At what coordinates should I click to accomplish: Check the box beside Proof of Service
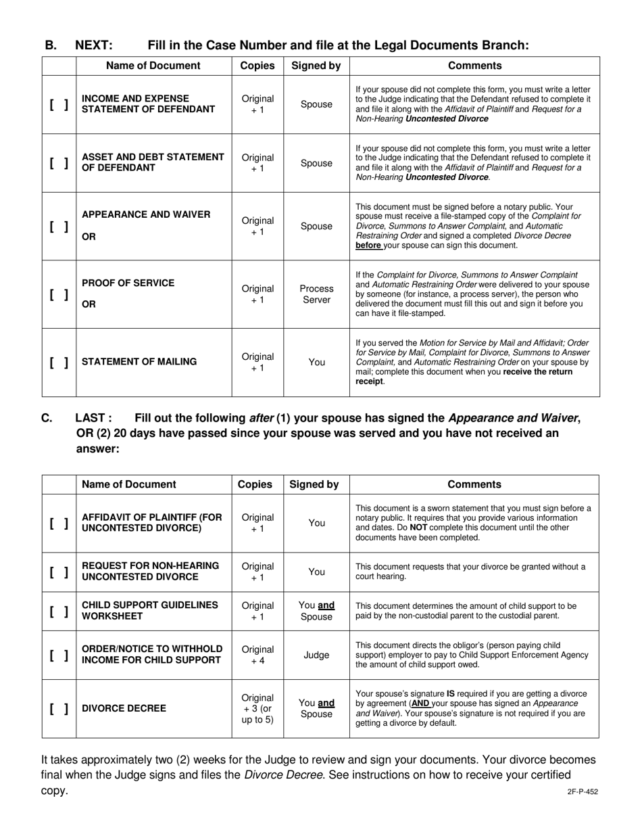[x=59, y=295]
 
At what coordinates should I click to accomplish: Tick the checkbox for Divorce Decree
[x=59, y=709]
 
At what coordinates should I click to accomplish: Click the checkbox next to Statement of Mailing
[x=59, y=363]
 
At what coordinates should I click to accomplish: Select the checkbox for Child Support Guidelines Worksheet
[x=59, y=611]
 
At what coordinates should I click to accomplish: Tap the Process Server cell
[x=316, y=294]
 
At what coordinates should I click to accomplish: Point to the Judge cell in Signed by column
[x=316, y=655]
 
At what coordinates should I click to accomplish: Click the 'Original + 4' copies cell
[x=257, y=655]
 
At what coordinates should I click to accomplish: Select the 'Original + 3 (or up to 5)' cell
[x=257, y=709]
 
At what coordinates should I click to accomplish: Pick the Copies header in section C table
[x=257, y=484]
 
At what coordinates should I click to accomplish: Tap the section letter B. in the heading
[x=51, y=45]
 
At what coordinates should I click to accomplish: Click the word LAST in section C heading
[x=93, y=418]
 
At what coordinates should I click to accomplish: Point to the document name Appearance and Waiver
[x=146, y=214]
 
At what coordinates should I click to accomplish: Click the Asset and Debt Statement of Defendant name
[x=153, y=162]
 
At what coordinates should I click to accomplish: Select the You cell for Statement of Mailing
[x=316, y=363]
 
